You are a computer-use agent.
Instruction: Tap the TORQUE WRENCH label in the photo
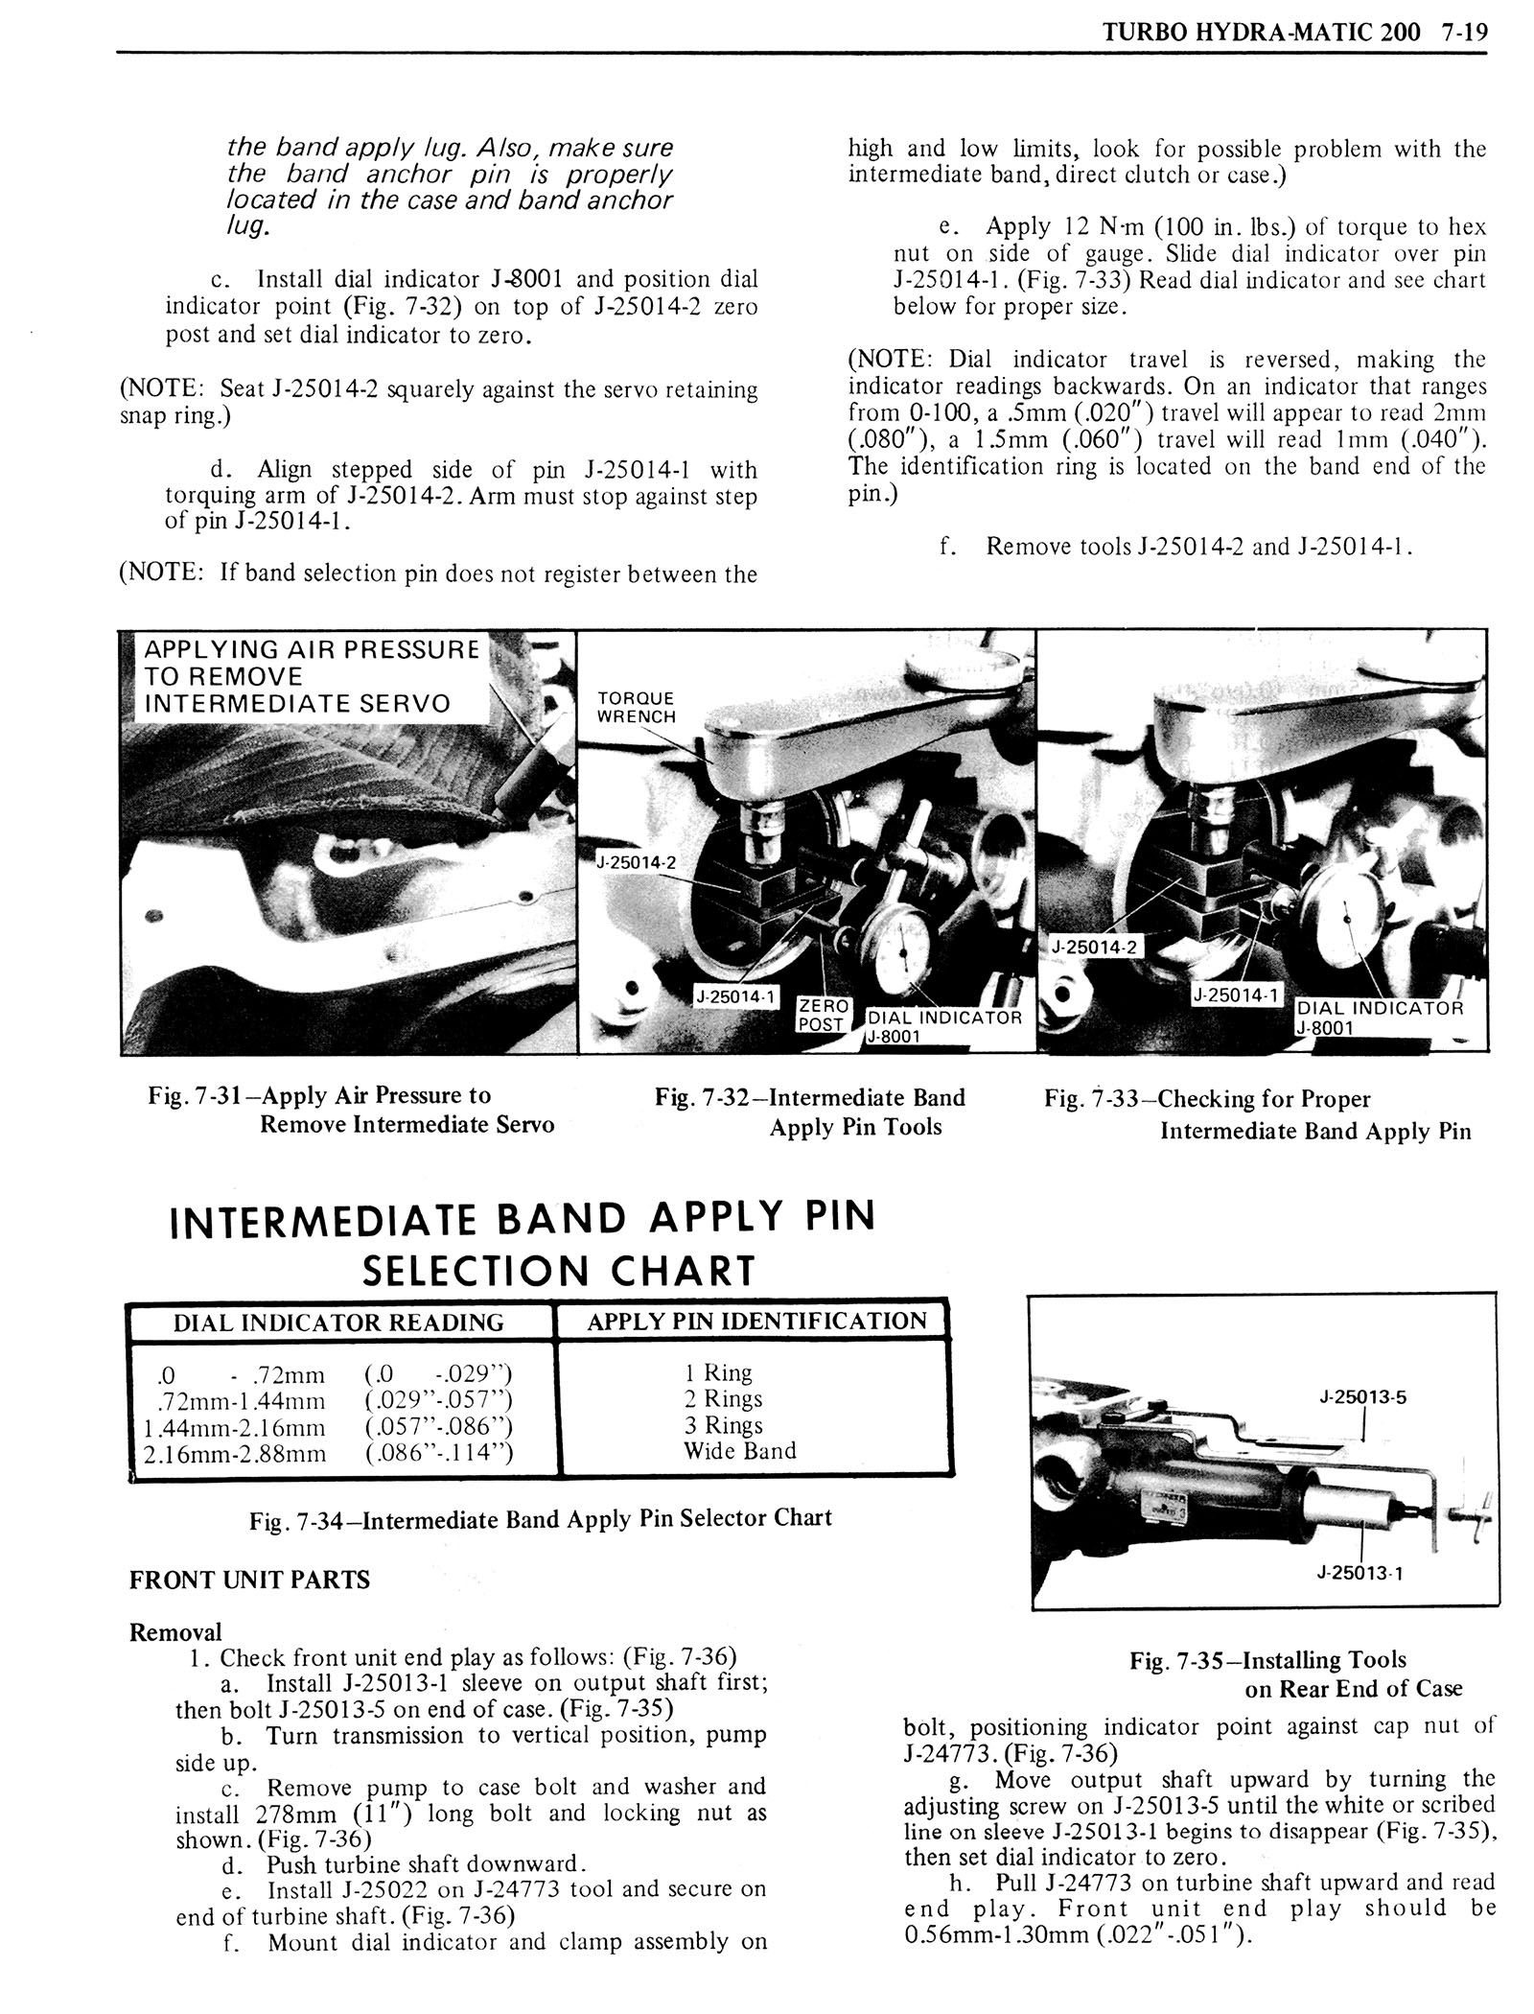(636, 707)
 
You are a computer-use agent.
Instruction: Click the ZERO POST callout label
(823, 1015)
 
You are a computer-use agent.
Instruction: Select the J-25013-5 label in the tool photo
(1362, 1397)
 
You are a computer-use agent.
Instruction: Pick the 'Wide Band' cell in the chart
(739, 1450)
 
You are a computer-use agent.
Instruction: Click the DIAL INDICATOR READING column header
(337, 1323)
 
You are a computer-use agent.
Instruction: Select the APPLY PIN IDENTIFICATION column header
(756, 1321)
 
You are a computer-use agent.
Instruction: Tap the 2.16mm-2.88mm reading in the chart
(234, 1453)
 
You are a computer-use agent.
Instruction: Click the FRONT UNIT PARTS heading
(249, 1579)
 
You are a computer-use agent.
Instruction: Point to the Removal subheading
(175, 1631)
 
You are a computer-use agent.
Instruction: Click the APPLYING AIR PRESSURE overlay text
(311, 649)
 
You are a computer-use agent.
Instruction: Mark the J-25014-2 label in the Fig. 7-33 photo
(1094, 947)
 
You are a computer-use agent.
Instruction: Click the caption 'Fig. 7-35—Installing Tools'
(1267, 1660)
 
